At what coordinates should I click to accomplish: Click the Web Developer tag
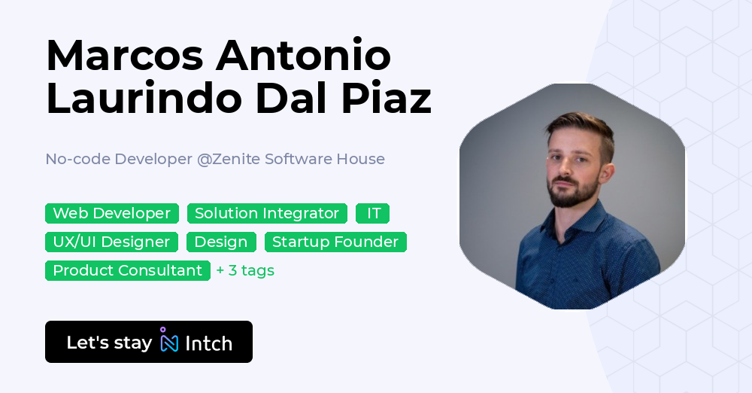pos(112,213)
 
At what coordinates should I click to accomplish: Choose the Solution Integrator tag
pos(267,213)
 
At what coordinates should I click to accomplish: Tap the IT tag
pos(373,213)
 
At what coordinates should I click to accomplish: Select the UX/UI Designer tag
pos(112,242)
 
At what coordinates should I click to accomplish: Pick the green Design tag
pos(221,242)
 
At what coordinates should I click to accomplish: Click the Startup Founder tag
pos(335,242)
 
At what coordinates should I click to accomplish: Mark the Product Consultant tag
pos(128,270)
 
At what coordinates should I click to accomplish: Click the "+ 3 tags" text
pos(245,270)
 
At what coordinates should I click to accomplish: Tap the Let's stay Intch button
pos(149,343)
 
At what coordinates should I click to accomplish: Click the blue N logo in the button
pos(169,343)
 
